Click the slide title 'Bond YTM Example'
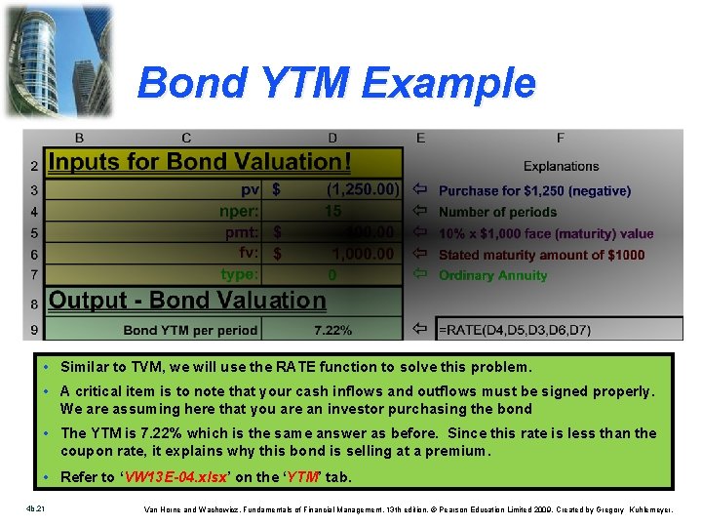click(x=336, y=83)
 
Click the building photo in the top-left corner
click(x=58, y=61)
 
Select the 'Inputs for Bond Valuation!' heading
click(x=199, y=162)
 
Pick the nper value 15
click(x=332, y=211)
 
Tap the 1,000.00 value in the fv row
click(x=362, y=254)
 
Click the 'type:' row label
click(x=240, y=274)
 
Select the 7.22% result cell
click(x=332, y=331)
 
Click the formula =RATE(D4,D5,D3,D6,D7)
click(x=514, y=330)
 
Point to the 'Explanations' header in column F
click(x=561, y=166)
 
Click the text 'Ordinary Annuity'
click(x=492, y=275)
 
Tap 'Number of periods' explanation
click(x=497, y=212)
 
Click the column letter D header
click(x=332, y=138)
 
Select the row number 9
click(x=34, y=331)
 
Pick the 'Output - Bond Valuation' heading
click(x=187, y=301)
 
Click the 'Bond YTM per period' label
click(x=190, y=331)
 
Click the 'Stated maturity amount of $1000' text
click(x=541, y=255)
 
